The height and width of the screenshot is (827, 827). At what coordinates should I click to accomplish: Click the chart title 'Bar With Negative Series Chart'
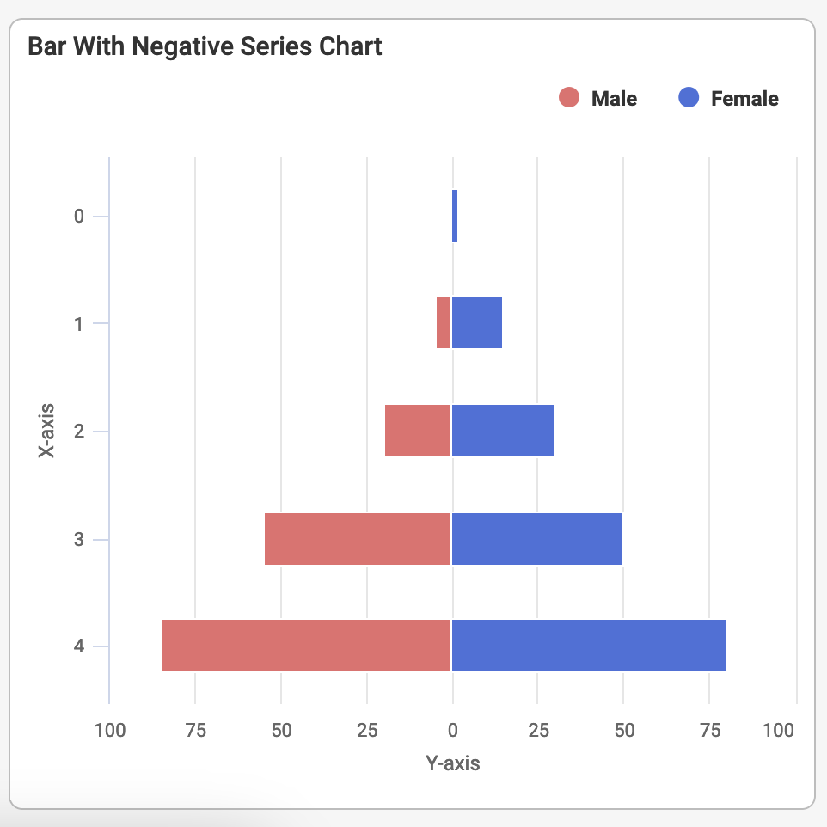pos(205,46)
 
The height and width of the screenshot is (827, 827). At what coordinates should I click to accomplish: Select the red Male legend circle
pos(569,99)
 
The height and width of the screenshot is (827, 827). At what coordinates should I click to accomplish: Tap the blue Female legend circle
pos(689,99)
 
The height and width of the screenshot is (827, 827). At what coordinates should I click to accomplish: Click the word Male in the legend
pos(614,99)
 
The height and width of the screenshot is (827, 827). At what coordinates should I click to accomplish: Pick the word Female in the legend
pos(744,99)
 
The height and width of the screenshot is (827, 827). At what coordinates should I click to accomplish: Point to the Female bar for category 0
pos(455,216)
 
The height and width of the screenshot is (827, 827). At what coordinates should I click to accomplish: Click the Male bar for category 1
pos(444,322)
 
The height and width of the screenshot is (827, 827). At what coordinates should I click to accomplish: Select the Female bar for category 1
pos(477,322)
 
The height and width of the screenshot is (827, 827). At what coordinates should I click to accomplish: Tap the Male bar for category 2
pos(418,431)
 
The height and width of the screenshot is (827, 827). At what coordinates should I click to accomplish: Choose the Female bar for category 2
pos(503,431)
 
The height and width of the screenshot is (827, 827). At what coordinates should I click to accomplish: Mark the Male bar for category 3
pos(358,539)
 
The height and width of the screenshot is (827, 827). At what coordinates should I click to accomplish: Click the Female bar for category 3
pos(537,539)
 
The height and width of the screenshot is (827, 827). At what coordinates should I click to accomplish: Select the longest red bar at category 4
pos(306,646)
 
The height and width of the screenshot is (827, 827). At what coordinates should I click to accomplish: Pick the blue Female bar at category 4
pos(589,646)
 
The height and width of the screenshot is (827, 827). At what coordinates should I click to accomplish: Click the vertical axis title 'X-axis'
pos(47,430)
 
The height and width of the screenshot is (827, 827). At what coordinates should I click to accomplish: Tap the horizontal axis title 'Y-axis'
pos(452,763)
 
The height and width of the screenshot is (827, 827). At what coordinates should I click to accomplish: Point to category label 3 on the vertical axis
pos(79,539)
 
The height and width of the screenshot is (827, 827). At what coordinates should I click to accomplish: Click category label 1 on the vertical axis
pos(79,324)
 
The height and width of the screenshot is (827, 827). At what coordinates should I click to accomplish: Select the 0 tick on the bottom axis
pos(452,731)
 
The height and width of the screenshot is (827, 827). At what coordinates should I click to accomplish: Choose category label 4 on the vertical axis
pos(79,646)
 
